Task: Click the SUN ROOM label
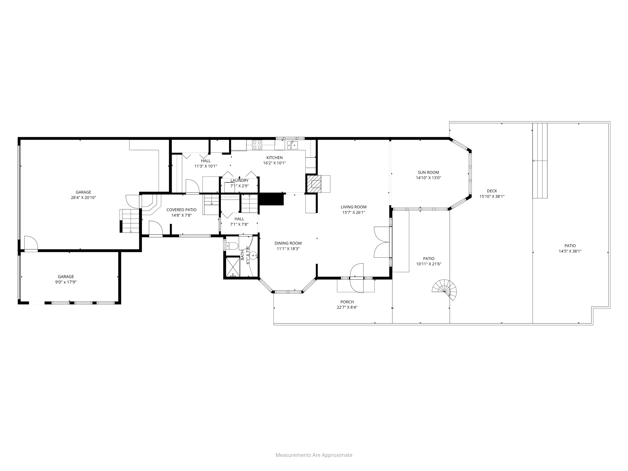pos(428,172)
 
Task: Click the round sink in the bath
pos(253,255)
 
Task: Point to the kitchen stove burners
pos(257,145)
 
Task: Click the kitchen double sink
pos(292,145)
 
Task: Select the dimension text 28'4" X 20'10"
pos(83,198)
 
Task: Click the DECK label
pos(492,191)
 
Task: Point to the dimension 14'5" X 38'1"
pos(570,251)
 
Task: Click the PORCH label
pos(347,302)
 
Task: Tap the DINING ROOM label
pos(288,243)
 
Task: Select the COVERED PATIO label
pos(181,210)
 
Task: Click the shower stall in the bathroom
pos(233,267)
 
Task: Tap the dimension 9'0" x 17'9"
pos(66,282)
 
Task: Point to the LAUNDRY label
pos(239,181)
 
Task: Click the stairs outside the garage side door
pos(130,221)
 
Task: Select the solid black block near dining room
pos(271,199)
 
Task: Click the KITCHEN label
pos(274,158)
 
